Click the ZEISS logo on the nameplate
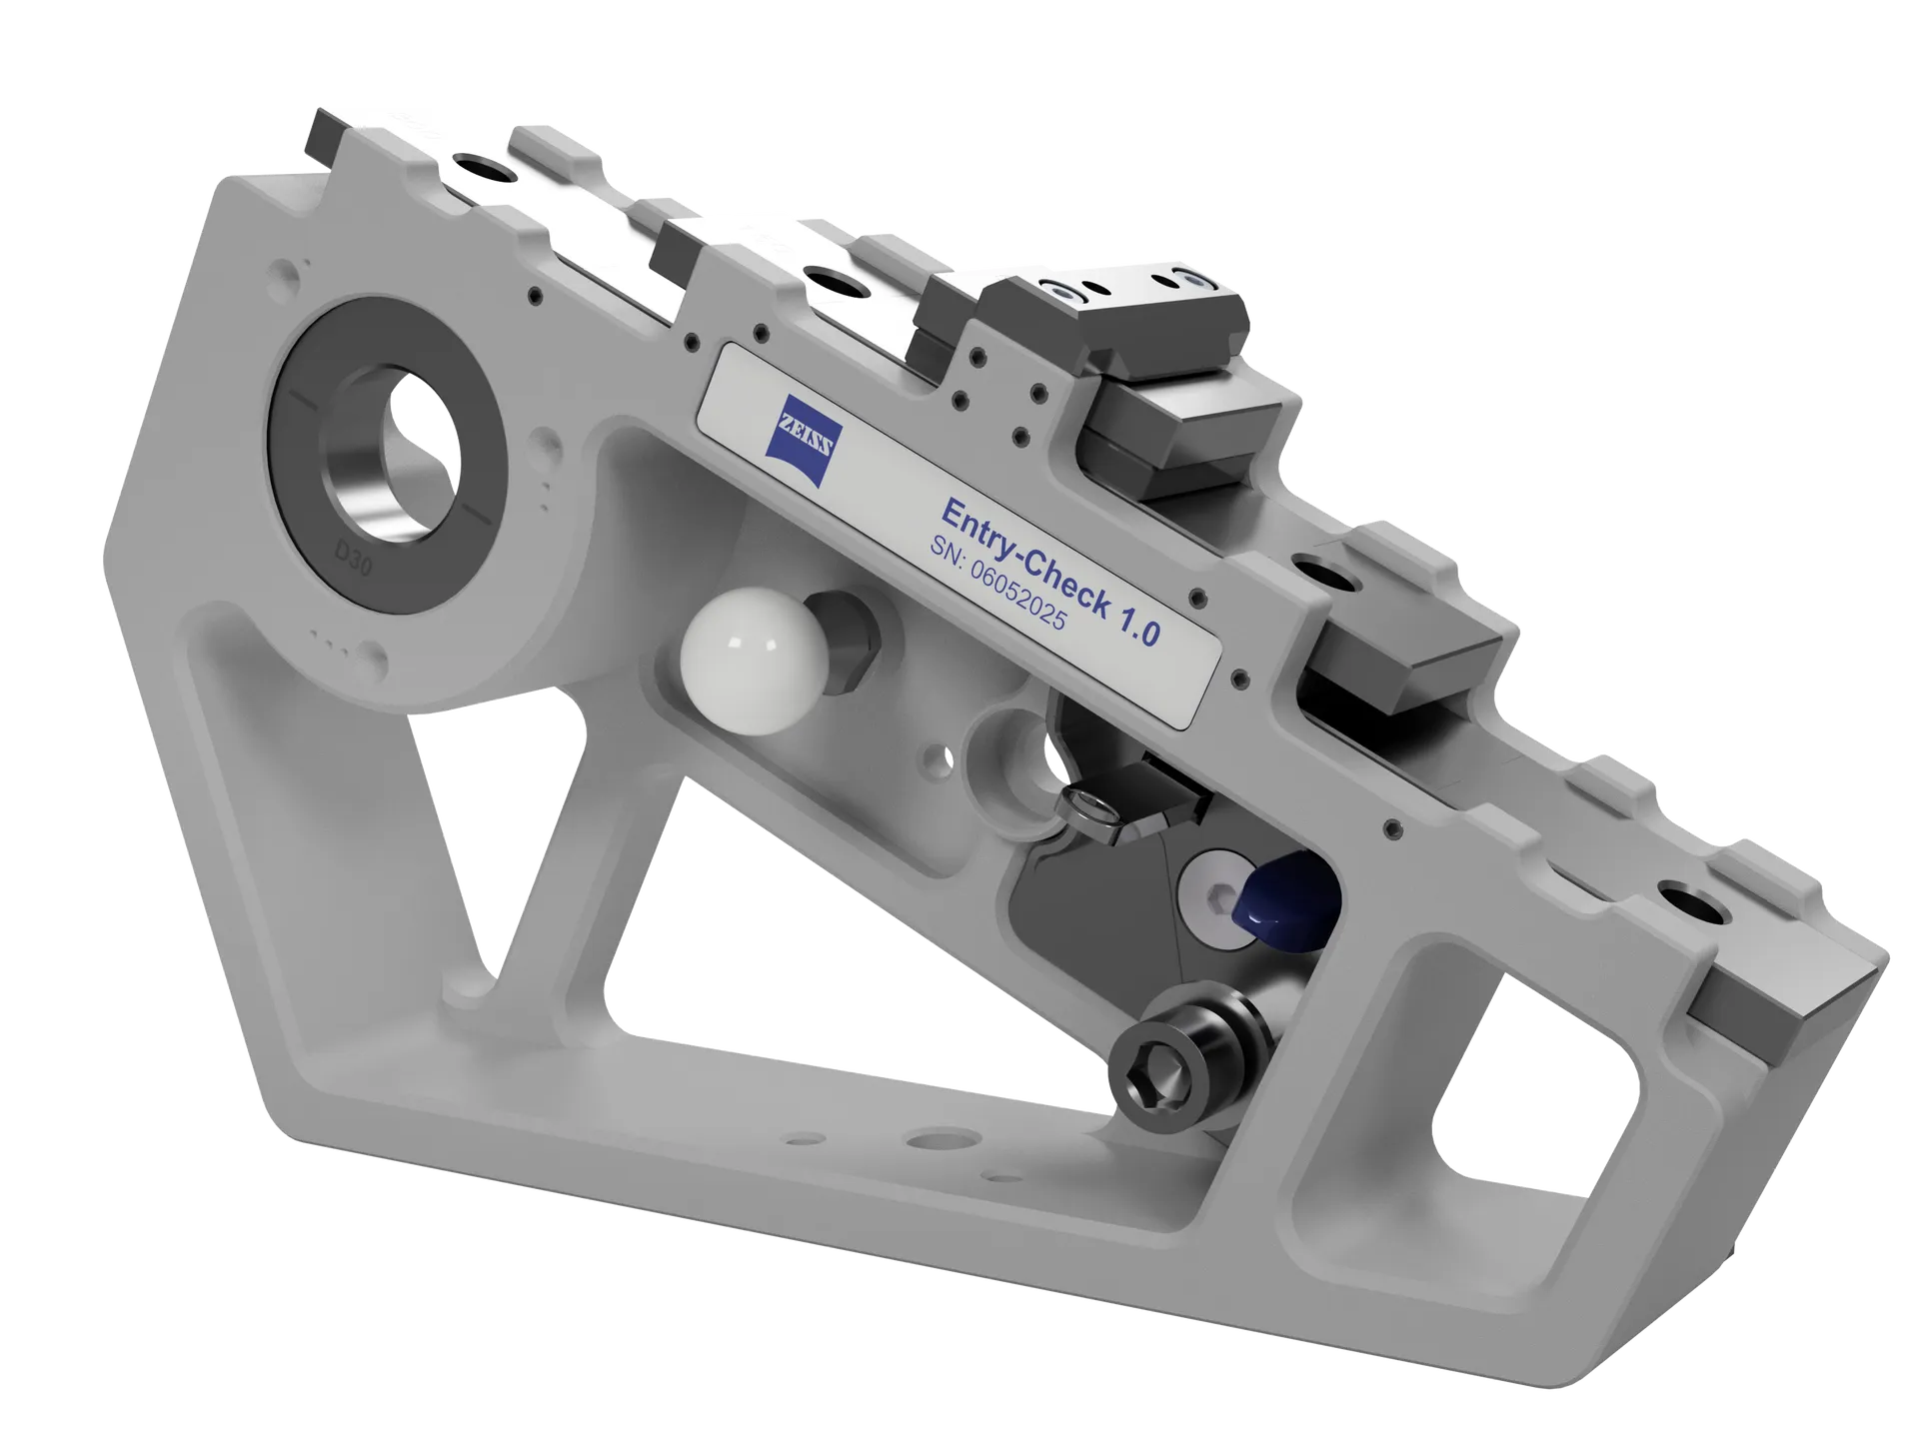pyautogui.click(x=805, y=441)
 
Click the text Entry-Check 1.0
pyautogui.click(x=1050, y=572)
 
